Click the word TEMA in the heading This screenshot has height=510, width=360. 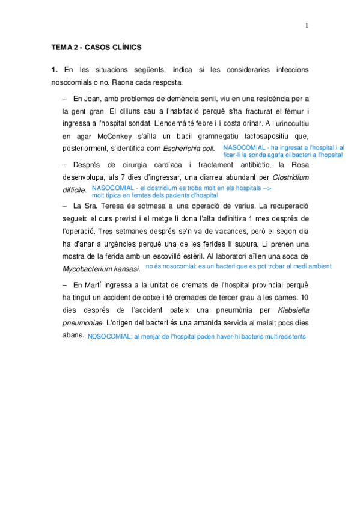pos(61,47)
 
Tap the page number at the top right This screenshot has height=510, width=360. pos(306,25)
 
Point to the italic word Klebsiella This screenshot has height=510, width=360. pos(293,310)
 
